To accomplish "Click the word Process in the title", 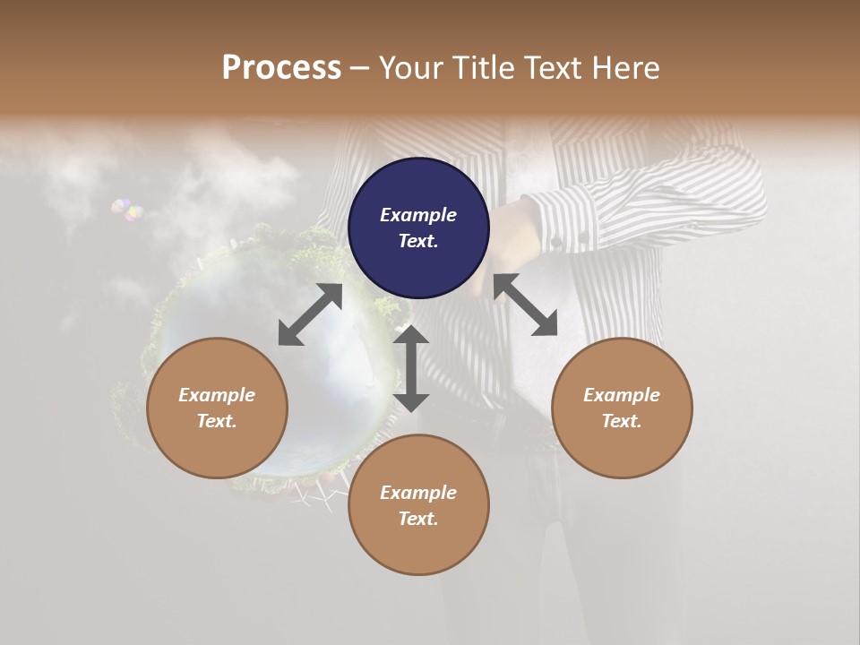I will point(281,68).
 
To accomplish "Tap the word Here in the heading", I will point(626,68).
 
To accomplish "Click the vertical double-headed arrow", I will point(411,368).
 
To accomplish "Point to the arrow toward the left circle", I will point(310,314).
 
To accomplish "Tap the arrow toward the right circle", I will point(525,305).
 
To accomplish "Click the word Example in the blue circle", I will point(418,215).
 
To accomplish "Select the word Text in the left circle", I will point(217,421).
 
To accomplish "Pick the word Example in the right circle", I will point(622,395).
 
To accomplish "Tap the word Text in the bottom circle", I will point(418,519).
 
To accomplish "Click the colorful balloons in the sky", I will point(127,211).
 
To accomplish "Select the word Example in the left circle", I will point(217,395).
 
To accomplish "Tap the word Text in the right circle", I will point(622,421).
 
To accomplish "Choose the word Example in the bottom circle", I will point(418,493).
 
